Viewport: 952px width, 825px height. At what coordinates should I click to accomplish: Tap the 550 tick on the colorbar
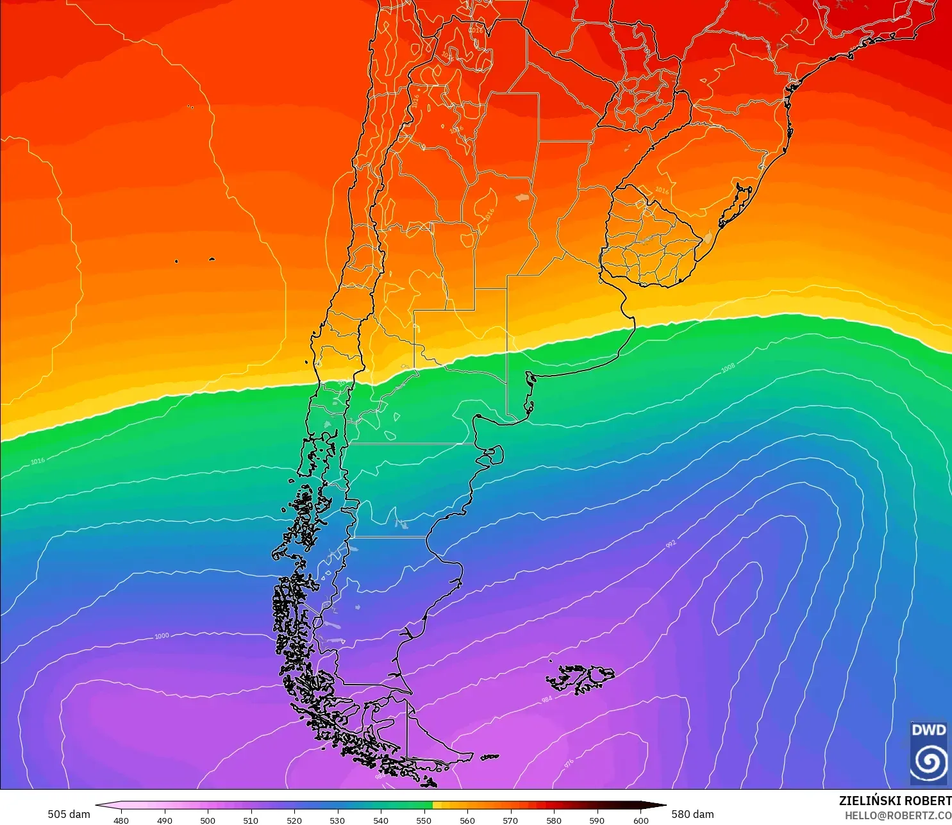coord(424,820)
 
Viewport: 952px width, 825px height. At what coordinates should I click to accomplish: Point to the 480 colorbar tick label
coord(121,820)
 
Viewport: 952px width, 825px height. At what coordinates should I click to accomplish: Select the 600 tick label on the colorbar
coord(640,820)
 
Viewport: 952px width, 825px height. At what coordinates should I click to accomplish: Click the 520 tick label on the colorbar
coord(294,820)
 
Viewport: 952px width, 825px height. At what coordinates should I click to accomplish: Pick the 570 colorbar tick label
coord(510,820)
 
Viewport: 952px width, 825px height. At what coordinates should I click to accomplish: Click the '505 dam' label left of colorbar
coord(69,814)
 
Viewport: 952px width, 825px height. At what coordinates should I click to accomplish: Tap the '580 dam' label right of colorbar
coord(692,814)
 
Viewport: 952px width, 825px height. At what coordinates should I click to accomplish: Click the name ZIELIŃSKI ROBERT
coord(895,801)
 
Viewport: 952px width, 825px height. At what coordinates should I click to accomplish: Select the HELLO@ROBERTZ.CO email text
coord(898,815)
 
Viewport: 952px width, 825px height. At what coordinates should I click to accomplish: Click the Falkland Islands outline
coord(580,678)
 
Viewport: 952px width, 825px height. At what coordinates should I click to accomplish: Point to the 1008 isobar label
coord(728,368)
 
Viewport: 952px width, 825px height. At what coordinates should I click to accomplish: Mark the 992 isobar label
coord(671,544)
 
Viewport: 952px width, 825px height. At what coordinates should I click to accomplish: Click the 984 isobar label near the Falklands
coord(546,699)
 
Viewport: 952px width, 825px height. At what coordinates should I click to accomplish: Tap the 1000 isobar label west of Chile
coord(162,636)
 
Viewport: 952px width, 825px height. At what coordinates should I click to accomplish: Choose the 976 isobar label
coord(569,764)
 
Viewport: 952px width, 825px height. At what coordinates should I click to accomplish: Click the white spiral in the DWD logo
coord(929,761)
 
